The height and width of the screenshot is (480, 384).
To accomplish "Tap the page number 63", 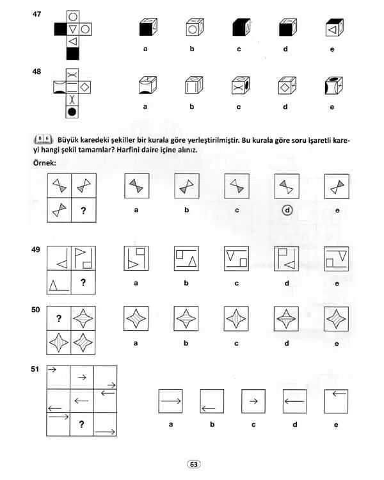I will pyautogui.click(x=193, y=464).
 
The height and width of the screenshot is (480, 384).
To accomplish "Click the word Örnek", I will pyautogui.click(x=44, y=163).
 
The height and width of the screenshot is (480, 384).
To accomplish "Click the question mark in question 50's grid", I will pyautogui.click(x=59, y=318).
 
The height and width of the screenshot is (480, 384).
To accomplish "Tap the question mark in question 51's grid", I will pyautogui.click(x=81, y=424).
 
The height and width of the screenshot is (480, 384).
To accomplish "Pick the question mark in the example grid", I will pyautogui.click(x=83, y=209).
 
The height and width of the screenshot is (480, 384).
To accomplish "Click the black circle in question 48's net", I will pyautogui.click(x=73, y=112).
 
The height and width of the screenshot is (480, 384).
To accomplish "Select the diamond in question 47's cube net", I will pyautogui.click(x=86, y=29).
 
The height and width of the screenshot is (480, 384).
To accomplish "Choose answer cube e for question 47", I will pyautogui.click(x=331, y=29).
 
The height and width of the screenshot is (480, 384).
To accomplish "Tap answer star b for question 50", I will pyautogui.click(x=186, y=319).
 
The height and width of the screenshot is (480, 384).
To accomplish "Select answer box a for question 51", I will pyautogui.click(x=171, y=401).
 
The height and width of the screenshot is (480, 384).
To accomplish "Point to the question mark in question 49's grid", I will pyautogui.click(x=83, y=282).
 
